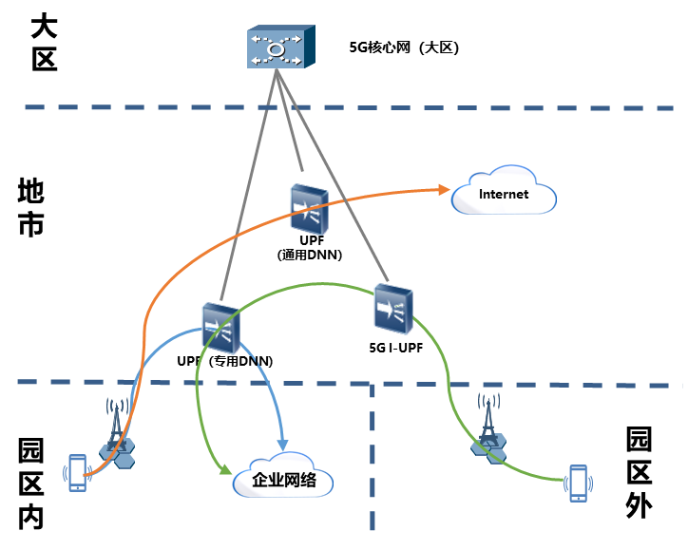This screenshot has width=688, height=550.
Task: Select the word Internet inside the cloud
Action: click(x=503, y=195)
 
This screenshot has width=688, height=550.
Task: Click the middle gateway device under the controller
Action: click(x=309, y=210)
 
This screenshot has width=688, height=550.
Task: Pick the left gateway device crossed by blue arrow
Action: click(x=220, y=328)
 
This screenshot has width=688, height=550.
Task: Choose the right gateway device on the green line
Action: click(x=393, y=309)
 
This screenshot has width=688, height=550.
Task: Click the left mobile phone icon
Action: click(x=77, y=473)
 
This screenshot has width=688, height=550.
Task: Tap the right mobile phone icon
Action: click(x=577, y=483)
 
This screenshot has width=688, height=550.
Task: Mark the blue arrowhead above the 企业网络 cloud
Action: click(x=281, y=445)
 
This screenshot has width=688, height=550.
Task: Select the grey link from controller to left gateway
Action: click(x=250, y=190)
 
